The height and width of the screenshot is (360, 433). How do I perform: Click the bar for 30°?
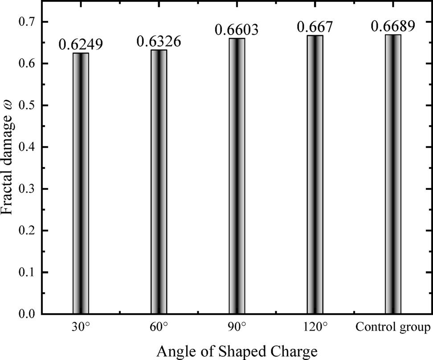(81, 183)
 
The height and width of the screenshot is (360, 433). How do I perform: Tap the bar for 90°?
(237, 176)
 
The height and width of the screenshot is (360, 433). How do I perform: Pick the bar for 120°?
(315, 174)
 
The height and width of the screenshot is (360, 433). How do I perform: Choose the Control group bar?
(393, 174)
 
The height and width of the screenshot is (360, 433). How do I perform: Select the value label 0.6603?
(237, 30)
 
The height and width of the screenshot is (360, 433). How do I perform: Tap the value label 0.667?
(315, 27)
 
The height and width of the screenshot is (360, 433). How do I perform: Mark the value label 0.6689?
(393, 26)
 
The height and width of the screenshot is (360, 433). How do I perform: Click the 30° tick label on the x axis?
(81, 328)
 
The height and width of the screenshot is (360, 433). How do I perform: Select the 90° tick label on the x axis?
(237, 328)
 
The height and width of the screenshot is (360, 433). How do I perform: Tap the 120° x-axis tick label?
(315, 328)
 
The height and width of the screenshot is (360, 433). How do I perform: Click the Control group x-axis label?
(393, 328)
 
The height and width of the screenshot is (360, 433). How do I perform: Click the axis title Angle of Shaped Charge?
(237, 351)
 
